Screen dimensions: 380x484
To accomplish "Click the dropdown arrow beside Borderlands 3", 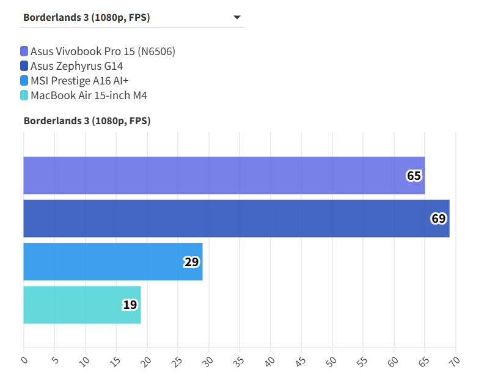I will tap(237, 18).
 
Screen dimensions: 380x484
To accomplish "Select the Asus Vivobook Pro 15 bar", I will tap(224, 176).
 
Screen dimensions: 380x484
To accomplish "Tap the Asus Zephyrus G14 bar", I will tap(236, 218).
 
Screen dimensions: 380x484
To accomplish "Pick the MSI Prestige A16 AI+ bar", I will tap(112, 262).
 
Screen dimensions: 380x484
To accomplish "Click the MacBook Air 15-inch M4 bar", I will tap(82, 305).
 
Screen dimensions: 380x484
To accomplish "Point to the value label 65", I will tap(414, 176).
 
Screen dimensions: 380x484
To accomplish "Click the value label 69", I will tap(438, 218).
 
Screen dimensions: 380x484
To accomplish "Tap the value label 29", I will tap(191, 262).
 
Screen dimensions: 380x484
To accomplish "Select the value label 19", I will tap(130, 305).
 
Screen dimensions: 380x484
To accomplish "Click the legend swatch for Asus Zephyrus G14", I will tap(24, 66).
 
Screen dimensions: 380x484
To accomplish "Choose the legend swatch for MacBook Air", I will tap(24, 95).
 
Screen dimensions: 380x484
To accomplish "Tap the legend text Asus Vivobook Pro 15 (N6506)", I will tap(103, 51).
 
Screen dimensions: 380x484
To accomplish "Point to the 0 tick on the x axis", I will tap(23, 360).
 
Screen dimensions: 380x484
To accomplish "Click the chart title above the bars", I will tap(87, 121).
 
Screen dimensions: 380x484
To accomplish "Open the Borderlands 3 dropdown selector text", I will tap(87, 17).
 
